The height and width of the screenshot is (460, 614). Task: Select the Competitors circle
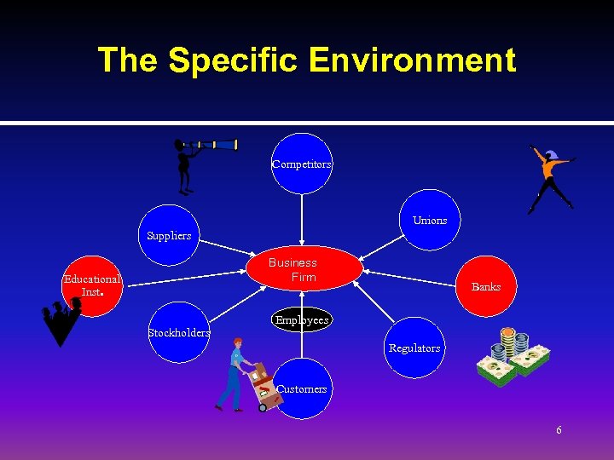point(302,164)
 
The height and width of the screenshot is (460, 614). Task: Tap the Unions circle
point(430,220)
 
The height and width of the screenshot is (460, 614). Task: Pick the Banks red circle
point(486,286)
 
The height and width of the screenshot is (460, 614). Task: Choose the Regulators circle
point(414,348)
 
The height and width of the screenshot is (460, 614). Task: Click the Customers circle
point(302,388)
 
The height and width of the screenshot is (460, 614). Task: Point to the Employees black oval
point(302,320)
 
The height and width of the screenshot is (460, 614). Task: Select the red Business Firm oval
point(293,270)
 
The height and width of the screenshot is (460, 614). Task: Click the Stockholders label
point(179,333)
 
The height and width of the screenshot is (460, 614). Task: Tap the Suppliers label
point(169,235)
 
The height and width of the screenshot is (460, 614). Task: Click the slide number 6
point(559,430)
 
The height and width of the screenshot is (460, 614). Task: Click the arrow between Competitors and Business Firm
point(302,221)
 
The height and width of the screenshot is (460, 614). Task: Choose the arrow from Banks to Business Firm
point(414,279)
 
